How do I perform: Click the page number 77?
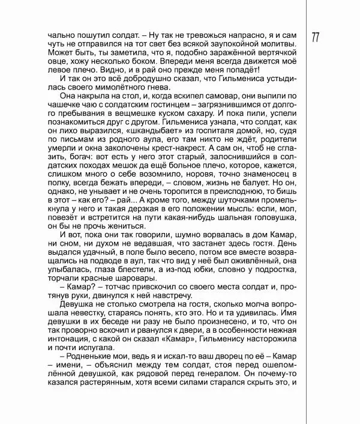[x=316, y=37]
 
